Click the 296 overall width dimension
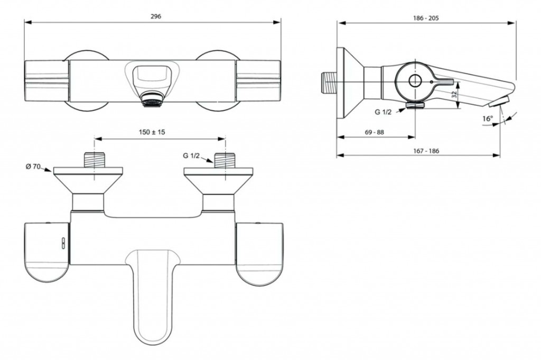coord(156,16)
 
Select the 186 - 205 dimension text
coord(426,18)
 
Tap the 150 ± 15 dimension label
coord(152,132)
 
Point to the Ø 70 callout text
coord(33,167)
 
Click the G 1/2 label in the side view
coord(384,112)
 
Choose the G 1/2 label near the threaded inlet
coord(191,156)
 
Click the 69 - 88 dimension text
coord(374,132)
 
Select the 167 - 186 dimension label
coord(426,151)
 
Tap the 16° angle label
coord(488,119)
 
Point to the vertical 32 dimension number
coord(455,94)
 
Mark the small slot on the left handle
coord(63,243)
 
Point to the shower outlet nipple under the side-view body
coord(415,105)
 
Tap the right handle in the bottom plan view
coord(260,254)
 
